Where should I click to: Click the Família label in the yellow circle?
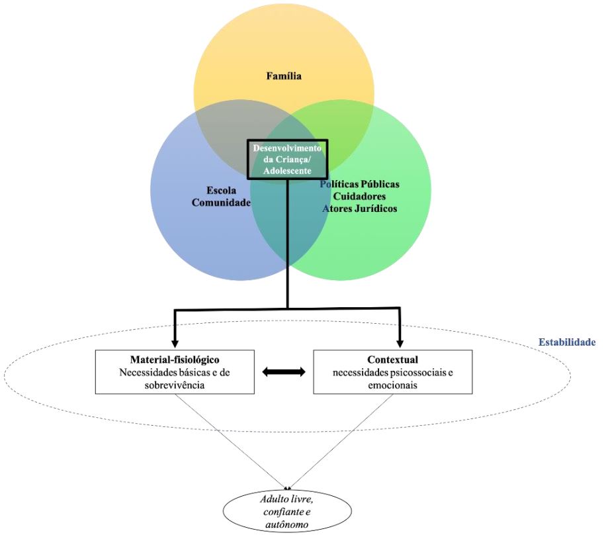tap(284, 76)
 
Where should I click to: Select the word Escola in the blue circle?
tap(220, 190)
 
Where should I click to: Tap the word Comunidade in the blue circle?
tap(221, 203)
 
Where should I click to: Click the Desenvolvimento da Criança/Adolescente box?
tap(287, 159)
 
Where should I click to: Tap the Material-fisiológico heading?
tap(175, 359)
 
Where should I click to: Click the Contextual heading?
tap(392, 359)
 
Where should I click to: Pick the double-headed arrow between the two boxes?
tap(284, 373)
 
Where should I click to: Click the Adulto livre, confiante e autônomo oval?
tap(288, 511)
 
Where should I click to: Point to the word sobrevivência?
tap(175, 385)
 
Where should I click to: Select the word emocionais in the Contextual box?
tap(392, 385)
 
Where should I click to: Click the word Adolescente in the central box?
tap(287, 170)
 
